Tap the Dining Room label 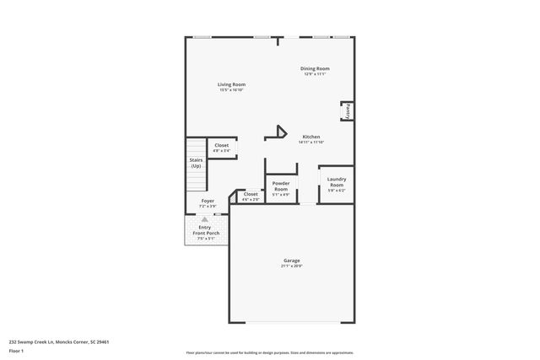pyautogui.click(x=315, y=68)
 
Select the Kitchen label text pyautogui.click(x=311, y=137)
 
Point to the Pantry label pyautogui.click(x=346, y=111)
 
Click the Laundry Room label pyautogui.click(x=337, y=181)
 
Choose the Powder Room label pyautogui.click(x=281, y=185)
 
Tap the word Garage pyautogui.click(x=291, y=261)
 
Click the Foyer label pyautogui.click(x=207, y=201)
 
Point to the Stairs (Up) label pyautogui.click(x=195, y=162)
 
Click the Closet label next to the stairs pyautogui.click(x=221, y=145)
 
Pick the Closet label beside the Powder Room pyautogui.click(x=251, y=194)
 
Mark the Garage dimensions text pyautogui.click(x=291, y=266)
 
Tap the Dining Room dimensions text pyautogui.click(x=315, y=74)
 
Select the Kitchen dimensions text pyautogui.click(x=311, y=142)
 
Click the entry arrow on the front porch pyautogui.click(x=203, y=218)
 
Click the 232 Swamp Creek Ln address pyautogui.click(x=58, y=341)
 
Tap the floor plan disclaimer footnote pyautogui.click(x=269, y=352)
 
